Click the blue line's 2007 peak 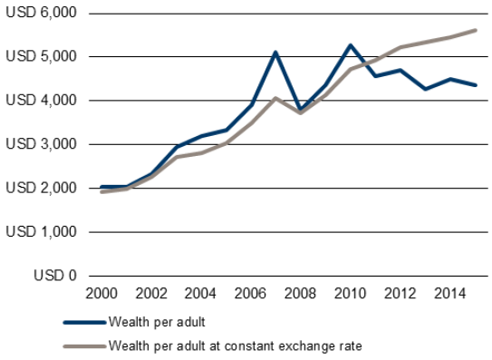pyautogui.click(x=275, y=53)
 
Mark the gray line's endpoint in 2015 pyautogui.click(x=476, y=30)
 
